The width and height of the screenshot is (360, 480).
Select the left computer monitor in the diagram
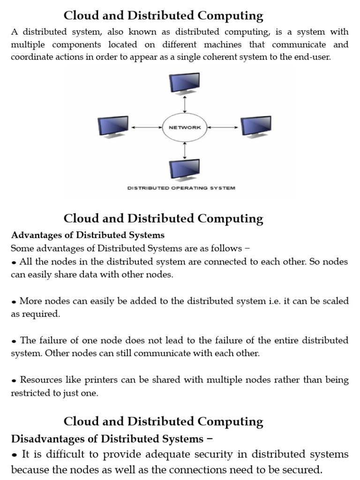pyautogui.click(x=113, y=127)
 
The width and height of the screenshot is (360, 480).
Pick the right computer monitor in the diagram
pyautogui.click(x=256, y=127)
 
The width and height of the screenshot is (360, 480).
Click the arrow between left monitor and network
pyautogui.click(x=147, y=127)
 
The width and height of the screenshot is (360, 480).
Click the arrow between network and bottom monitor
pyautogui.click(x=186, y=150)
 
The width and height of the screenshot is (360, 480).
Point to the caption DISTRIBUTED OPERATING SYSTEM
pyautogui.click(x=181, y=188)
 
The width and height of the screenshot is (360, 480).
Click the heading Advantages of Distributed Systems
pyautogui.click(x=88, y=235)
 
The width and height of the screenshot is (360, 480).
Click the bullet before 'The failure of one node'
pyautogui.click(x=14, y=341)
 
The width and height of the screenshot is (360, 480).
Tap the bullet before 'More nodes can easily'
pyautogui.click(x=14, y=301)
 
